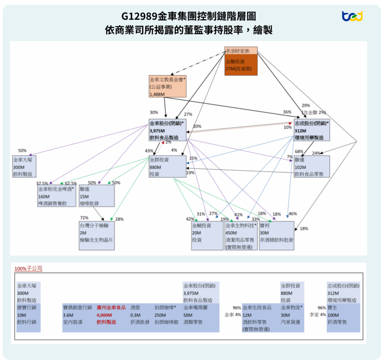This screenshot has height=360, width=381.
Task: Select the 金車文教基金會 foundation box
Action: tap(167, 87)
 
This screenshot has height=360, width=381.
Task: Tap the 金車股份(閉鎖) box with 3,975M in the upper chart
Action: tap(167, 130)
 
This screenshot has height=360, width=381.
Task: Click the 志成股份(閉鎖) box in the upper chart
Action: tap(311, 130)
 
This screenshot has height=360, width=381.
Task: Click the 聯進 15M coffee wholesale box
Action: tap(91, 196)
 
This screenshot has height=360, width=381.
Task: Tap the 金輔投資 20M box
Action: tap(207, 236)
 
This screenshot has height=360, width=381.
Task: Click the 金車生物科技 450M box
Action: tap(240, 236)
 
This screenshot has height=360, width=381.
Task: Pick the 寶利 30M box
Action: tap(276, 236)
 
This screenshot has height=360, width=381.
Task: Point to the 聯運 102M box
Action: tap(311, 166)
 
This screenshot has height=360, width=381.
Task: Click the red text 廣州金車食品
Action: tap(111, 308)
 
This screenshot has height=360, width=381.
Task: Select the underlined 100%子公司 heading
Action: tap(28, 268)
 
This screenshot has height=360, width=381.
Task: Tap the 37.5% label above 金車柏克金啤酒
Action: tap(42, 183)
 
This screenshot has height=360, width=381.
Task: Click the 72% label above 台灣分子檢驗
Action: tap(84, 218)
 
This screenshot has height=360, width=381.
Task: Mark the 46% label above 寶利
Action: tap(293, 214)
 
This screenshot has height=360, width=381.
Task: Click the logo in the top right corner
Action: tap(352, 16)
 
